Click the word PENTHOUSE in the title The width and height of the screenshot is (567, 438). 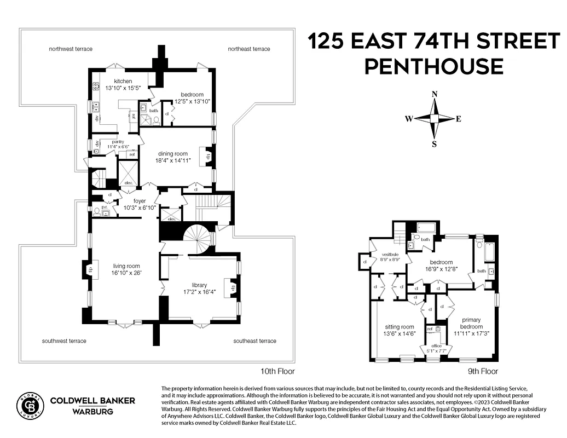coord(434,66)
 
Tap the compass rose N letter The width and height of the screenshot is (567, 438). coord(435,94)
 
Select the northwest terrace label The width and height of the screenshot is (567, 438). coord(71,49)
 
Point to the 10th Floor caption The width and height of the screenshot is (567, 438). coord(279,371)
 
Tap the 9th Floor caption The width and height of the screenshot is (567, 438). coord(482,371)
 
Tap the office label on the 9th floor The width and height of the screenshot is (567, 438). coord(437,345)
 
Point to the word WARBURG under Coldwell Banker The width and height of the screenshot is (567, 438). coord(92,411)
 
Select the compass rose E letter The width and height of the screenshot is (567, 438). coord(459,119)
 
